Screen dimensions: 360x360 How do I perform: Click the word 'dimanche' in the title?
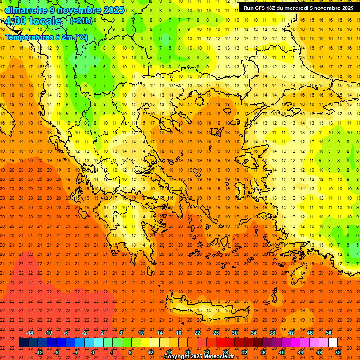26,10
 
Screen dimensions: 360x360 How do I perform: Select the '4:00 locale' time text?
33,22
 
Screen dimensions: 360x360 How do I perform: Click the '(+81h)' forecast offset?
81,21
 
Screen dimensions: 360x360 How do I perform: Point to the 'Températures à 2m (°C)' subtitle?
46,37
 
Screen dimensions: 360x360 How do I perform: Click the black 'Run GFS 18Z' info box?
299,8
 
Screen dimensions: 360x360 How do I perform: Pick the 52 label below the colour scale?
338,352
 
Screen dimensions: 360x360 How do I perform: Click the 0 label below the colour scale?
93,352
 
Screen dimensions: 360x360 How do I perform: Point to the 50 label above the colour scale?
329,333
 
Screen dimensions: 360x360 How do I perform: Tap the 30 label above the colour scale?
234,333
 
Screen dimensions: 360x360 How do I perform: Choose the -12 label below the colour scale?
39,352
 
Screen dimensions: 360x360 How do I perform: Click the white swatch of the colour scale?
333,343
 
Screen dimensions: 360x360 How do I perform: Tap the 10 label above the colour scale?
141,333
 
